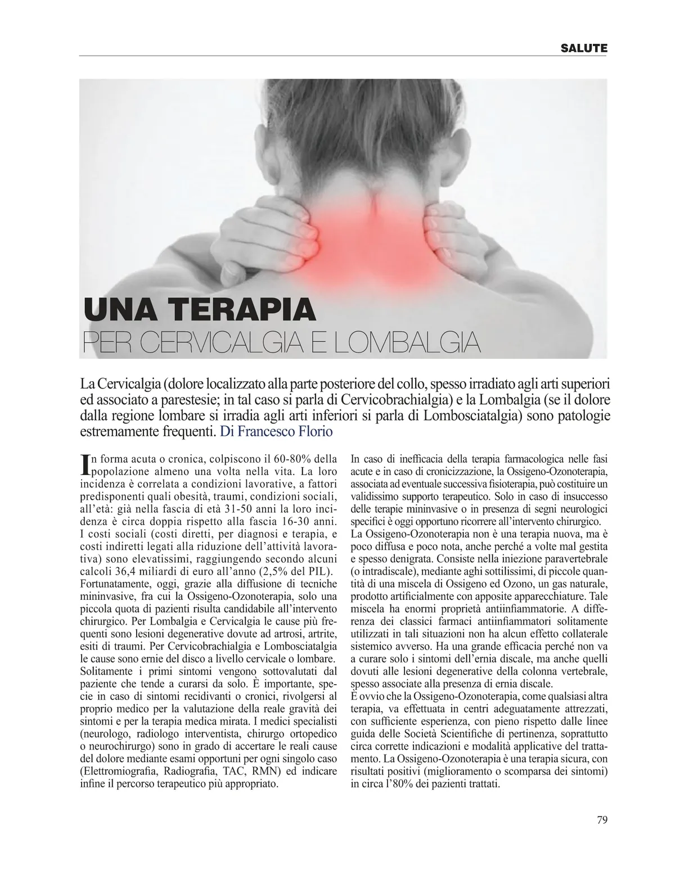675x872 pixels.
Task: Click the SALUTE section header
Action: point(584,48)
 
